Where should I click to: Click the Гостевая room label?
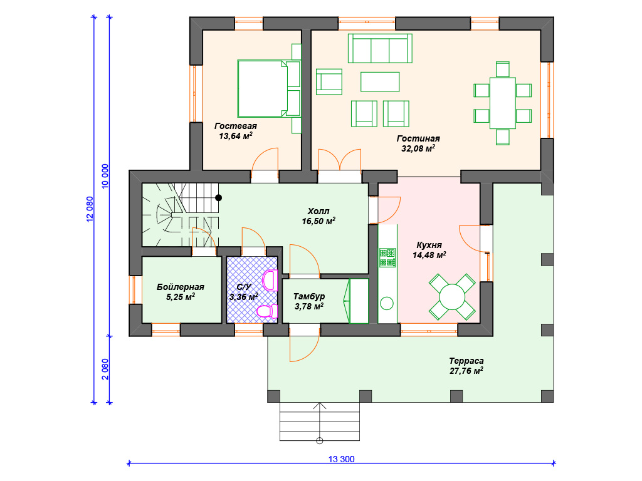point(236,126)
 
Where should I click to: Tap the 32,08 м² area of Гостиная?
point(418,148)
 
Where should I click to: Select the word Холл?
point(318,211)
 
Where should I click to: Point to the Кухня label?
point(429,245)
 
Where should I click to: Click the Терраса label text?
point(466,361)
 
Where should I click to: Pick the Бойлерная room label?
point(180,287)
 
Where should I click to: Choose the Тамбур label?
point(309,296)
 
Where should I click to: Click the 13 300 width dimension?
point(342,459)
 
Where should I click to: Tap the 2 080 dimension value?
point(105,370)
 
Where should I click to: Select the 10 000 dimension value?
point(105,176)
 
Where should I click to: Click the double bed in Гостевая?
point(268,89)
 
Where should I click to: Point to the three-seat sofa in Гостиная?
point(380,48)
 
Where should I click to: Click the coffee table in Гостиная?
point(380,82)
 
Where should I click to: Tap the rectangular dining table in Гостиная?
point(502,103)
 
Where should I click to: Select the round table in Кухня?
point(452,296)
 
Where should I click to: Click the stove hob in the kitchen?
point(387,257)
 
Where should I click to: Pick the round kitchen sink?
point(387,304)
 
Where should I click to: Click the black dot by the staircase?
point(219,197)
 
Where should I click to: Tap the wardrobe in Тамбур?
point(359,301)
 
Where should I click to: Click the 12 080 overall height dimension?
point(90,209)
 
